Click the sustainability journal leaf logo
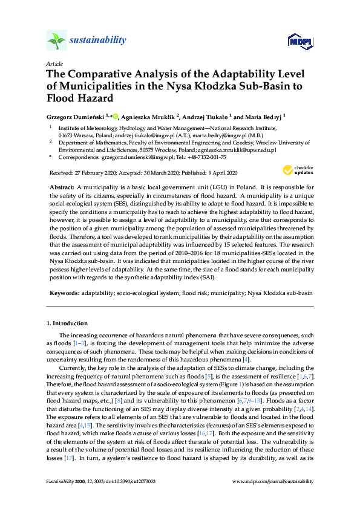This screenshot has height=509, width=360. (x=57, y=41)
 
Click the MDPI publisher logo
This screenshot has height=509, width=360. (x=299, y=41)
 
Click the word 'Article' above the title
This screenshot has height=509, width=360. (x=54, y=63)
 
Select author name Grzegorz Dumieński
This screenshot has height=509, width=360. (x=75, y=116)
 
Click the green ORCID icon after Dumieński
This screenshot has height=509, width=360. (x=115, y=116)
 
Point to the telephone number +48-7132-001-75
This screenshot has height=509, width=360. (x=206, y=157)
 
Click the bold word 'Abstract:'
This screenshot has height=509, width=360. (x=62, y=188)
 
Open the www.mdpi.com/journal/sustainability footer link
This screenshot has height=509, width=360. (x=273, y=482)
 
